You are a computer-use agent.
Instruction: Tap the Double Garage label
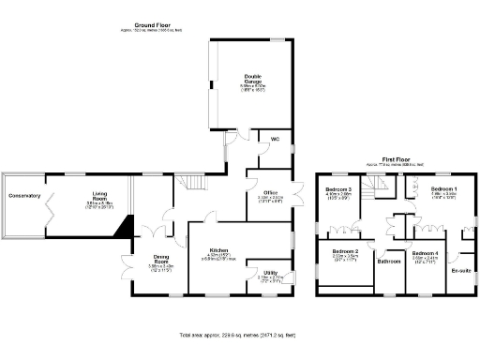pos(253,78)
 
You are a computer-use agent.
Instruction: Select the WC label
pos(275,139)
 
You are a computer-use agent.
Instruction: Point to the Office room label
pos(270,191)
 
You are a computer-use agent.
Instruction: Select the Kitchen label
pos(219,251)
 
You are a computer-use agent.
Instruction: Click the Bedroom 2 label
pos(346,251)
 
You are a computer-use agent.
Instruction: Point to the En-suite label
pos(459,270)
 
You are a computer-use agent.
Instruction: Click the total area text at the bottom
pos(239,335)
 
